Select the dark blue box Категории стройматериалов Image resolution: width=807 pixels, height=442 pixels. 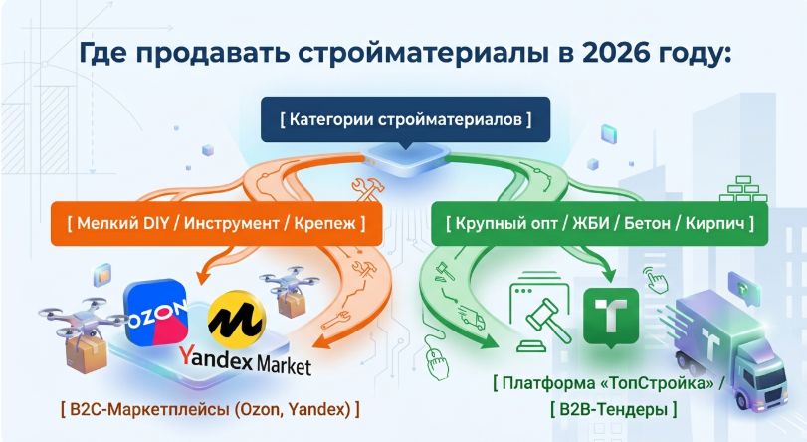pos(406,119)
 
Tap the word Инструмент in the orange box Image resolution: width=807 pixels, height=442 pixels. pos(232,224)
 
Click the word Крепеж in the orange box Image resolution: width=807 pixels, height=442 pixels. pos(324,224)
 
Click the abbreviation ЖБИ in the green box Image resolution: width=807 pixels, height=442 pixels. pos(591,224)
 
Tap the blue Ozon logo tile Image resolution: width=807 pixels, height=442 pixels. pos(156,313)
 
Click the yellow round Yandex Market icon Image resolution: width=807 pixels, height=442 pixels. pos(237,320)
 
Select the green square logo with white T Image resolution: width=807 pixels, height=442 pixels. pos(611,317)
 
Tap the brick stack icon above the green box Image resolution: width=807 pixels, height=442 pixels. pos(742,188)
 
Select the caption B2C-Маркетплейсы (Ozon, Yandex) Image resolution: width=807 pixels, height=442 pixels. pos(210,409)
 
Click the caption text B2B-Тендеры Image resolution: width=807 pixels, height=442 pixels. pos(614,409)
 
